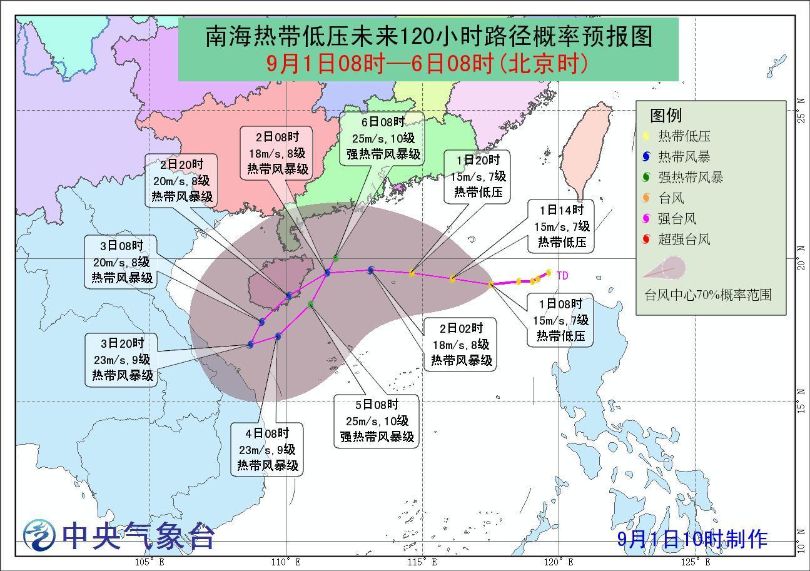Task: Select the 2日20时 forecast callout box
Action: (182, 181)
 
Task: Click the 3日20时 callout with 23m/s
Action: (121, 360)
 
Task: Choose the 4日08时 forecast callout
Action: (267, 450)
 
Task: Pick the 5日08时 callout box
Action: (377, 421)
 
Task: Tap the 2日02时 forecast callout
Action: (460, 345)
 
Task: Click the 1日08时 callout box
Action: (560, 320)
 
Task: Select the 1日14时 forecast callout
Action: (559, 226)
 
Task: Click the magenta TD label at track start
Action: (562, 275)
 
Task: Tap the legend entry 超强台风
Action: (684, 240)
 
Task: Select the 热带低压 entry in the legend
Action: (684, 136)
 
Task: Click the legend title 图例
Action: (666, 115)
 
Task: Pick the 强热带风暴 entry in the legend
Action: (690, 178)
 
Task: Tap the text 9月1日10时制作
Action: (692, 538)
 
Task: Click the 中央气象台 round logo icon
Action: (39, 535)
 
